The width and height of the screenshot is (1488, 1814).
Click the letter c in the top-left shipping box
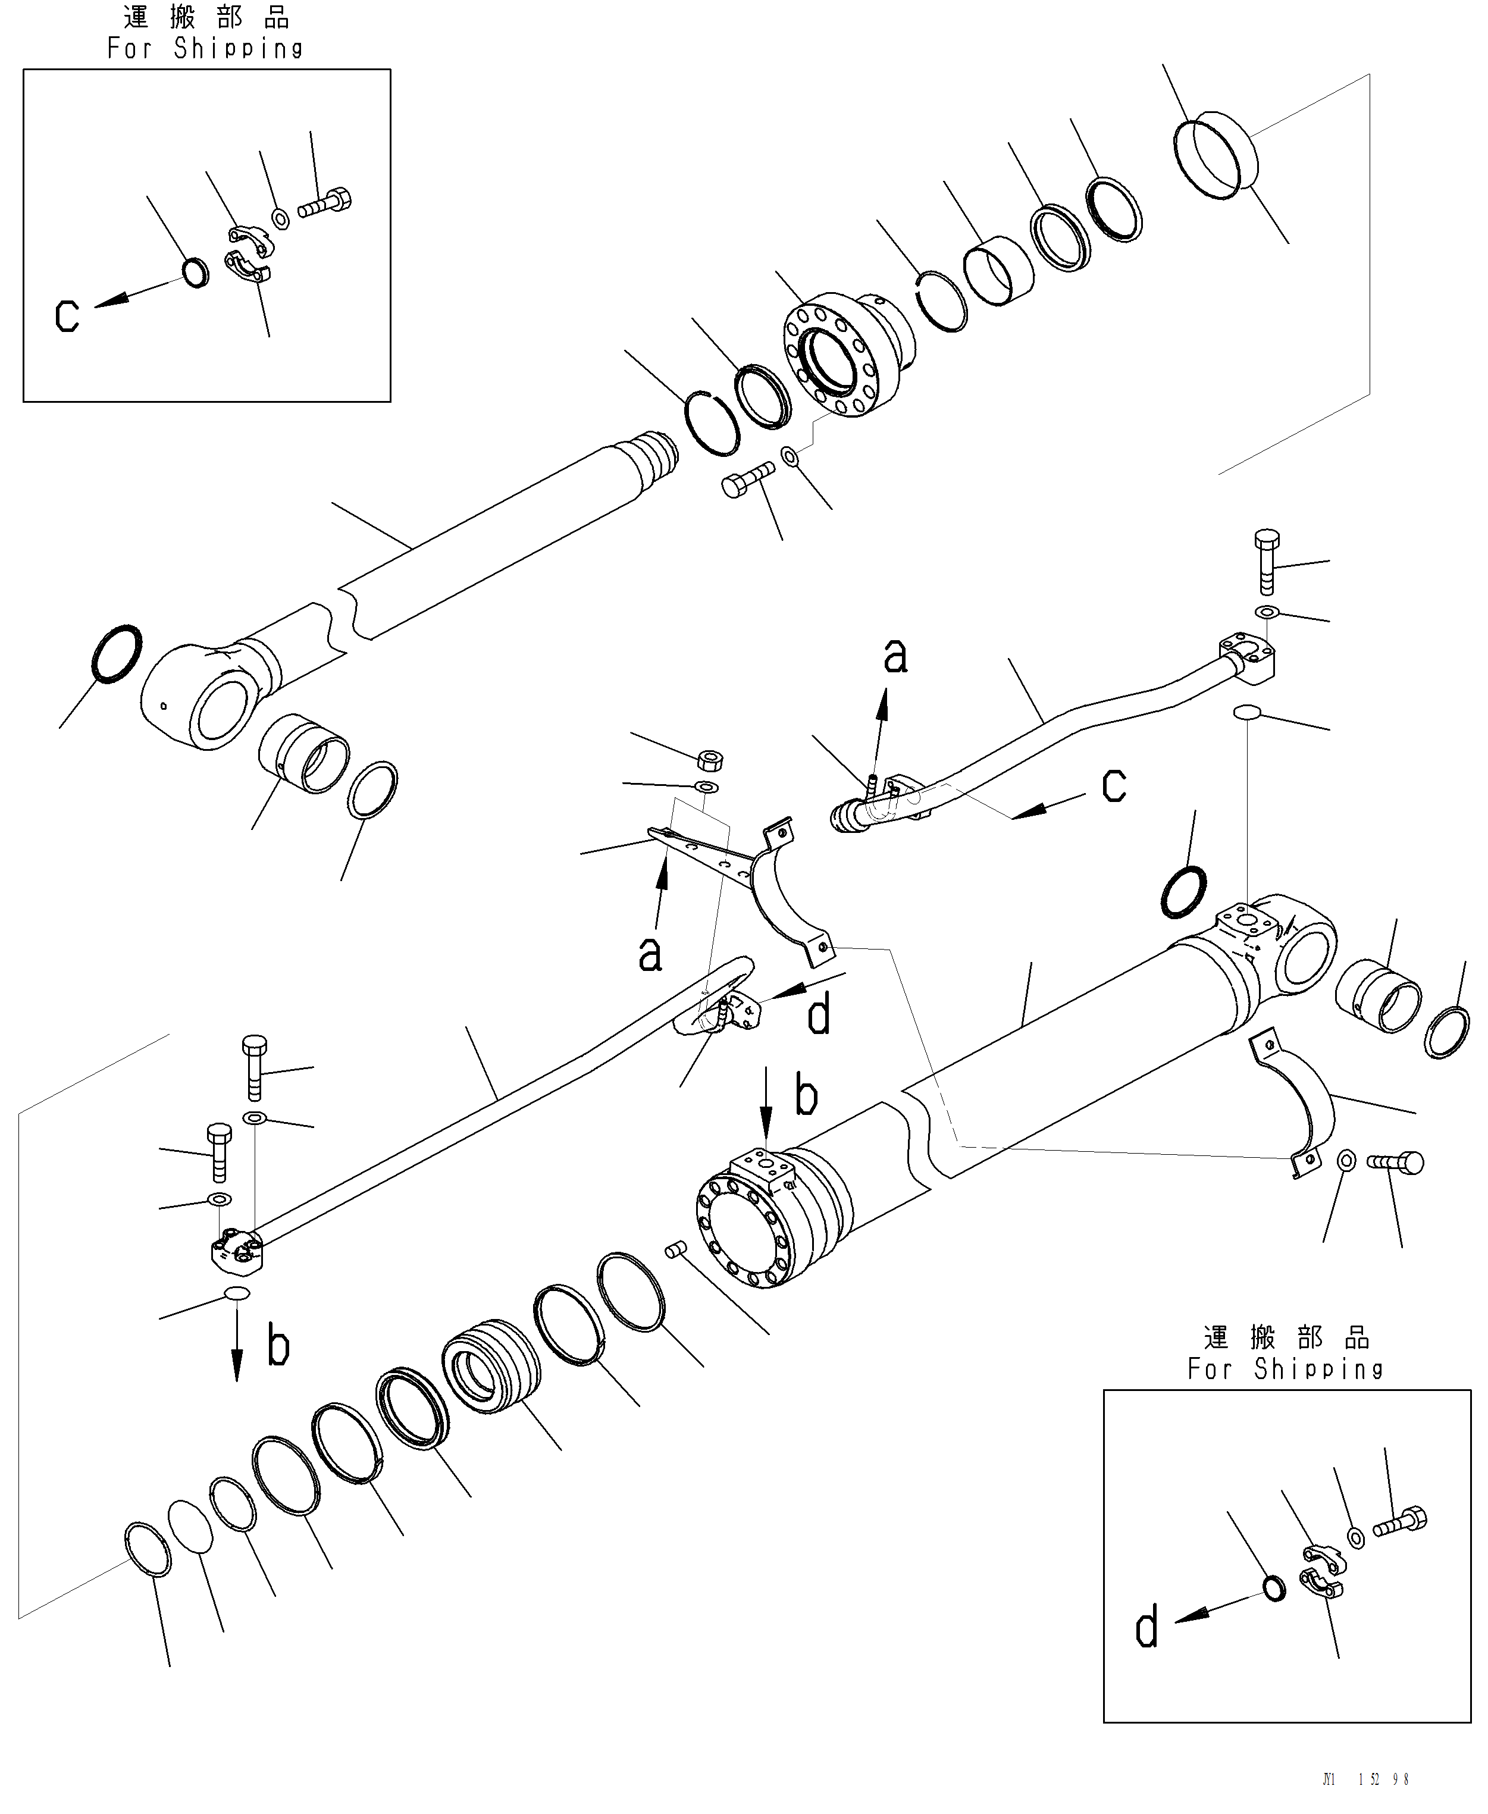point(67,315)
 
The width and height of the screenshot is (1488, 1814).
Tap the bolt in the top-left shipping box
point(325,203)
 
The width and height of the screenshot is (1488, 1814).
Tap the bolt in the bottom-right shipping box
point(1401,1524)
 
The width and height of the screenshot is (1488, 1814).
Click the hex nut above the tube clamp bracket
point(710,760)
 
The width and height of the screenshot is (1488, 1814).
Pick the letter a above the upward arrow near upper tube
point(895,657)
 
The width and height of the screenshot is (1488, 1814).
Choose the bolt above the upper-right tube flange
point(1267,562)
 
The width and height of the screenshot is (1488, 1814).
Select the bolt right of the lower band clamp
point(1397,1163)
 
